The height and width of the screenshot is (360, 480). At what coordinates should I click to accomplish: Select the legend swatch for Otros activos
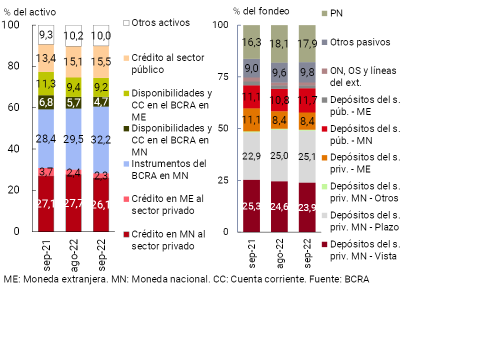tap(126, 23)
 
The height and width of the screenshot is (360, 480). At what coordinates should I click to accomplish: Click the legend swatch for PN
tap(324, 12)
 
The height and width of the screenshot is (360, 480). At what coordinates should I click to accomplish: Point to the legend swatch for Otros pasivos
tap(324, 42)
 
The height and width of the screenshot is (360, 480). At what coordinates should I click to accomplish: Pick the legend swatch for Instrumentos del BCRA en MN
tap(126, 163)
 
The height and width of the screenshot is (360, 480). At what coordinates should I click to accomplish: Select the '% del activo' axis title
tap(29, 11)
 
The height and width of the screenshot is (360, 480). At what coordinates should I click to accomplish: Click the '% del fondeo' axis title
tap(261, 10)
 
